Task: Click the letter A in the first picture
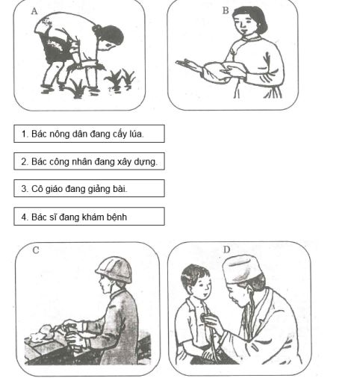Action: tap(34, 11)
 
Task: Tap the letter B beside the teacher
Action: tap(226, 10)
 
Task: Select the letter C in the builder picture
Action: tap(35, 250)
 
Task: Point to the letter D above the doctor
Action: tap(226, 250)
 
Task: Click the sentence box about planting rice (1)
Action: tap(89, 134)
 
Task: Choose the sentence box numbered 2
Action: tap(89, 161)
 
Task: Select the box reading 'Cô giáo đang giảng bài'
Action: tap(89, 188)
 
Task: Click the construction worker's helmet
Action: tap(113, 268)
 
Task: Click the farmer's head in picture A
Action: tap(109, 35)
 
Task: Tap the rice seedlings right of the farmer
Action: tap(120, 78)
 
